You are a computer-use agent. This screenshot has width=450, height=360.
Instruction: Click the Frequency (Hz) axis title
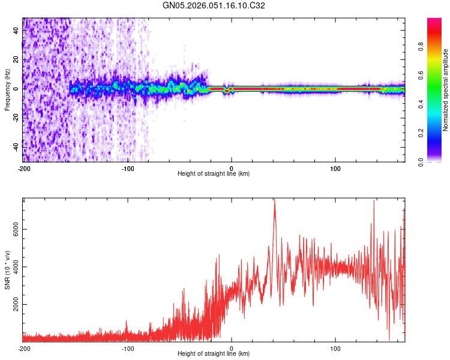point(7,89)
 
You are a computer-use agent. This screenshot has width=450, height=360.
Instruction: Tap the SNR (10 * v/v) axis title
point(7,270)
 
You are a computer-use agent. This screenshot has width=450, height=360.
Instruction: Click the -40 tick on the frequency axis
point(15,147)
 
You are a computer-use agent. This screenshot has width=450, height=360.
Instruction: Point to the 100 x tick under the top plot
point(335,167)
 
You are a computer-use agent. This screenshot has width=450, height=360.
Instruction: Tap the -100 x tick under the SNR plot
point(127,348)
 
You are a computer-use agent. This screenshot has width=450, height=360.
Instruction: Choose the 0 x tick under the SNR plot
point(232,348)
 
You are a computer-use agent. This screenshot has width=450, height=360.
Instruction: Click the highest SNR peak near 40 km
point(274,200)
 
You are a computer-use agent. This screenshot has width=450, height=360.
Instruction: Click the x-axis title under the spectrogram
point(214,173)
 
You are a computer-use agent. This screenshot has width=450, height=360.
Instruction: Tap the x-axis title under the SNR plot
point(214,354)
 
